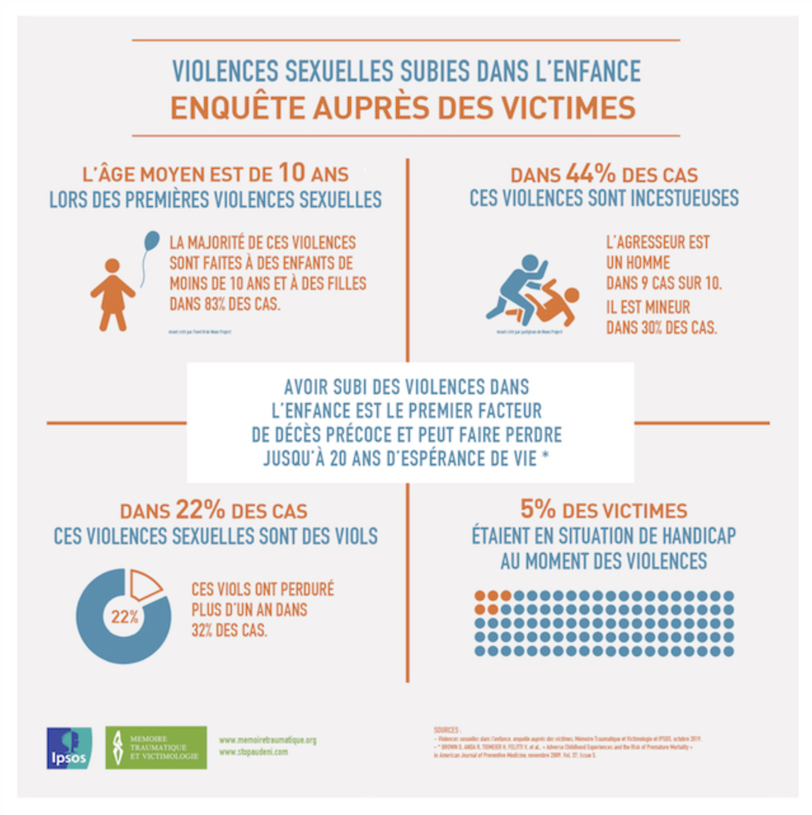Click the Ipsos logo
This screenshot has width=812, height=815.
point(69,748)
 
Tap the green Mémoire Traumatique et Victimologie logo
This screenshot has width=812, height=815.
point(156,748)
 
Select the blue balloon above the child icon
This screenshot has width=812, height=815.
point(152,241)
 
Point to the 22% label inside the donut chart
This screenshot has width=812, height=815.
point(125,617)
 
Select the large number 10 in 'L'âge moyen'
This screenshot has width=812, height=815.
point(292,172)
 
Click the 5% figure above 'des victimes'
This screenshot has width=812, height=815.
point(538,509)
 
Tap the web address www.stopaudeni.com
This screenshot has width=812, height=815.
point(253,752)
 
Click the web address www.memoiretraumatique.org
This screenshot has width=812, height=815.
point(267,740)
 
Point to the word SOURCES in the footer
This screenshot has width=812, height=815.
point(447,730)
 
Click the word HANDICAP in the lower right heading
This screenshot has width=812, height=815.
point(699,536)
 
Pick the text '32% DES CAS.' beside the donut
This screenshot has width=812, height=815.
point(229,631)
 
